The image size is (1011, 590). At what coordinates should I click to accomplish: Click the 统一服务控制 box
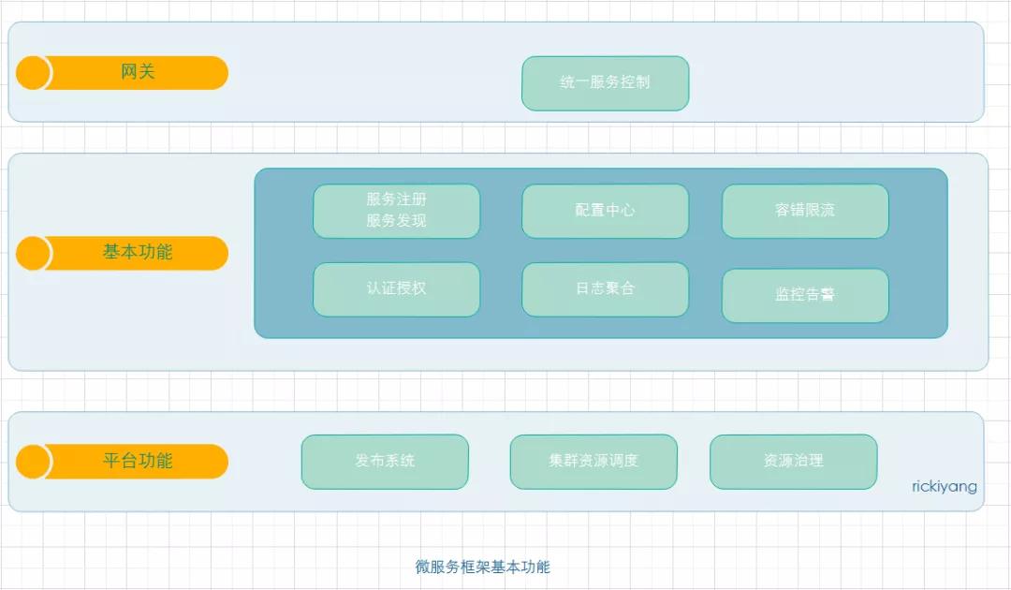(x=606, y=83)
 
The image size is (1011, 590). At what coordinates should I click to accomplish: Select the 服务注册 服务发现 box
(x=397, y=211)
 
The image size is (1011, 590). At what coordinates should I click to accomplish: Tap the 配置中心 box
(x=606, y=211)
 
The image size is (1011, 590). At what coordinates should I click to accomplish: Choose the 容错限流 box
(x=805, y=211)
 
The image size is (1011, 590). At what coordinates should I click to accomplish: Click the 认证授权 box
(x=397, y=289)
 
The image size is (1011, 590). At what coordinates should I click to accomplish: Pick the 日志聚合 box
(x=606, y=289)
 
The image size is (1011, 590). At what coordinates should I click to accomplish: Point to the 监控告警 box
(x=805, y=296)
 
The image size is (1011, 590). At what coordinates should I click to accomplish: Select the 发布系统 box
(x=385, y=462)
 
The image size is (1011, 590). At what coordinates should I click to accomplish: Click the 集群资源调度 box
(x=593, y=462)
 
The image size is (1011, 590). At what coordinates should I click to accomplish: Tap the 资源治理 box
(x=794, y=462)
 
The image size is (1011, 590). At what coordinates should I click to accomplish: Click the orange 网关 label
(x=138, y=72)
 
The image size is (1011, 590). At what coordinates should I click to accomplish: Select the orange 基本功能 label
(x=138, y=252)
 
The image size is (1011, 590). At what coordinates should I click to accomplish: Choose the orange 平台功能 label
(x=138, y=461)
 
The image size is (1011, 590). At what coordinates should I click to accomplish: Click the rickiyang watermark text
(x=944, y=487)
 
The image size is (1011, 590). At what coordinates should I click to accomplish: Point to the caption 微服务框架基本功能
(x=483, y=567)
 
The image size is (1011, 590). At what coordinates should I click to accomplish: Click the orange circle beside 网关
(x=33, y=72)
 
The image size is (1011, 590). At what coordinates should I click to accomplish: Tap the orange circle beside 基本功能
(x=33, y=253)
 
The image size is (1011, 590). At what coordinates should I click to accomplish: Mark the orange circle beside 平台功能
(x=33, y=462)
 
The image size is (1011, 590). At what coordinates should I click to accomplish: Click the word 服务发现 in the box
(x=397, y=220)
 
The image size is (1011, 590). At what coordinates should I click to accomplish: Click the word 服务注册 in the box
(x=397, y=199)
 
